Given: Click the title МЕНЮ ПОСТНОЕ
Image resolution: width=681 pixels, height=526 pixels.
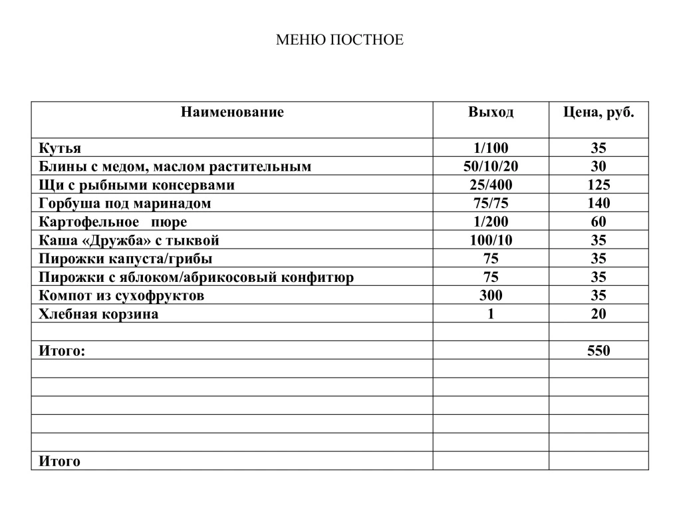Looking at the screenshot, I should tap(339, 41).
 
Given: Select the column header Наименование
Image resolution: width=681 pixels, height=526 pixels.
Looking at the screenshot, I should tap(231, 112).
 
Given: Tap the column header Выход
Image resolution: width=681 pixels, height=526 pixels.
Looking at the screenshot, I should tap(490, 112).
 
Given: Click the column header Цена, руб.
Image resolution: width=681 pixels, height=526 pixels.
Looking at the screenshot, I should tap(598, 112).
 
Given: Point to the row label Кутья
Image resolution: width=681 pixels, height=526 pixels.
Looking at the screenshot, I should tap(60, 148).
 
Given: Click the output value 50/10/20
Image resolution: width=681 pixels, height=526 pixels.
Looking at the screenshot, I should tap(490, 166).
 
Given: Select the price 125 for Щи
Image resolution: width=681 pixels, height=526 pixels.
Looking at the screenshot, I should tap(598, 185).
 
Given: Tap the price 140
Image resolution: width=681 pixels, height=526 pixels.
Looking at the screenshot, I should tap(598, 203).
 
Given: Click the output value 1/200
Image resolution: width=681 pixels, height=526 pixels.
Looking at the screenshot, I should tap(490, 222).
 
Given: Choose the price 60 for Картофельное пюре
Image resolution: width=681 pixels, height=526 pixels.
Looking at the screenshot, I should tap(598, 222).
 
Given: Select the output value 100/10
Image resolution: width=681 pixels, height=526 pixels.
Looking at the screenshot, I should tap(490, 241).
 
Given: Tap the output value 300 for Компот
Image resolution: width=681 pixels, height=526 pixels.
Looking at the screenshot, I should tap(490, 296).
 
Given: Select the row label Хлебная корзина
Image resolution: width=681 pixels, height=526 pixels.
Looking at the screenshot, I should tap(98, 315).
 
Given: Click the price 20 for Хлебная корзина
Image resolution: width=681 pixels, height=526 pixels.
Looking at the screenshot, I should tap(598, 315).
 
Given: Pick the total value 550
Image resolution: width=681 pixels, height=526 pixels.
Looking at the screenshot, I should tap(598, 351).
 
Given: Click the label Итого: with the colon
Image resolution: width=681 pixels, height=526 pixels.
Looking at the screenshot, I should tap(62, 351).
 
